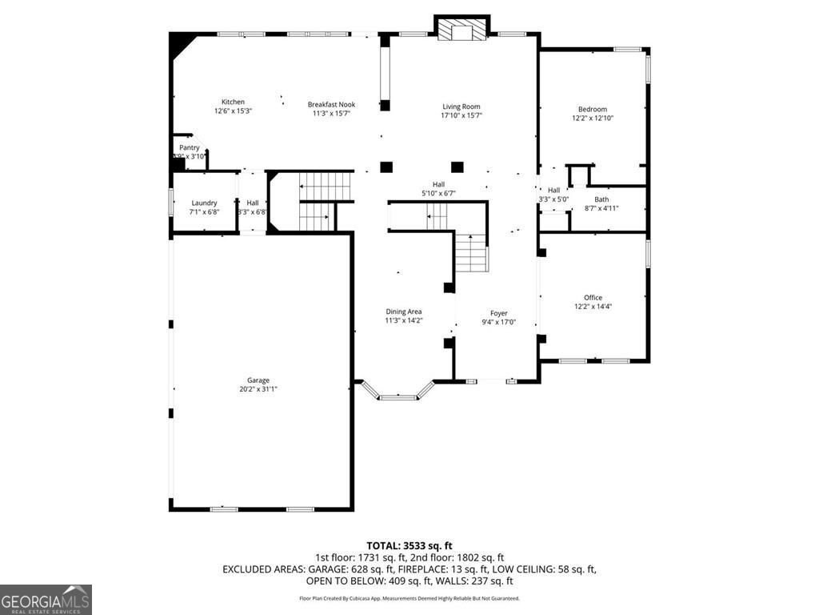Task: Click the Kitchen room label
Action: [233, 102]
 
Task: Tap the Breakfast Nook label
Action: [332, 104]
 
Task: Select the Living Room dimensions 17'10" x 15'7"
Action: [461, 115]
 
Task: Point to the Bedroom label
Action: [593, 109]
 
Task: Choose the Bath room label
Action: [601, 199]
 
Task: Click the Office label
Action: [593, 297]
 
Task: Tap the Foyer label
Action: [498, 313]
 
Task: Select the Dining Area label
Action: [404, 312]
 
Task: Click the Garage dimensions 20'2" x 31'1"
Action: [258, 389]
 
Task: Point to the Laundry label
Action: [204, 203]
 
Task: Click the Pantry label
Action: [190, 147]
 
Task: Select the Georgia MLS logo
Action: [46, 600]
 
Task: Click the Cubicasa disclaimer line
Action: [409, 598]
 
